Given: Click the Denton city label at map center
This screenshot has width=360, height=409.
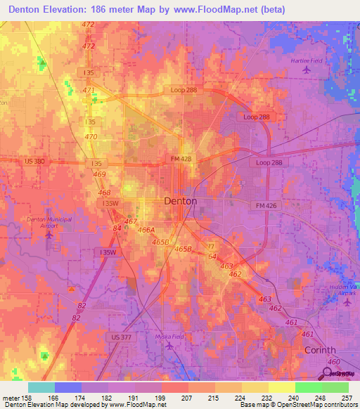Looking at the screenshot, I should (x=180, y=200).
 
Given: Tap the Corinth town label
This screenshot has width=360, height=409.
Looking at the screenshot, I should (x=319, y=350).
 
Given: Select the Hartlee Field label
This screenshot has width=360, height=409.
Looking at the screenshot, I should (x=306, y=61).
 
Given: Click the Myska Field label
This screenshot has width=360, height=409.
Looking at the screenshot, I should (x=169, y=337).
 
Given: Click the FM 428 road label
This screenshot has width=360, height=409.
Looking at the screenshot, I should (x=181, y=160).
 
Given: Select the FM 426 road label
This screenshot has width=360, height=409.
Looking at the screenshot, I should (x=265, y=205).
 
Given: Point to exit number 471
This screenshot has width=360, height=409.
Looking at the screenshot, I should (x=89, y=91).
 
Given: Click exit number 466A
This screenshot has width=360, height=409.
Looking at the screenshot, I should (x=146, y=230).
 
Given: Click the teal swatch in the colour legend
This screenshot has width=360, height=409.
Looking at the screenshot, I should (x=41, y=387).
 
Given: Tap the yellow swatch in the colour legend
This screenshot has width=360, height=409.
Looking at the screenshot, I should (x=255, y=387).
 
